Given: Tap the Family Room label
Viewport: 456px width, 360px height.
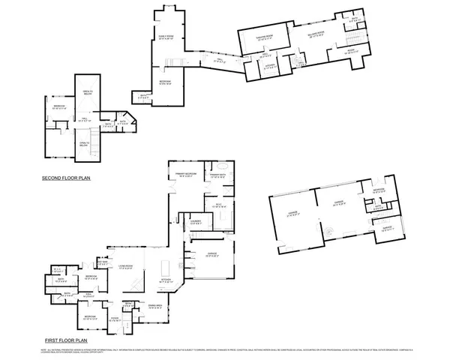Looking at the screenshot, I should (165, 37).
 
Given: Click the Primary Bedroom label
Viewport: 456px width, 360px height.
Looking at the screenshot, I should (185, 174).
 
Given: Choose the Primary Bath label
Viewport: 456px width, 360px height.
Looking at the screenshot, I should (218, 175).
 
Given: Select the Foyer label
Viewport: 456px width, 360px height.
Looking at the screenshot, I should (115, 319).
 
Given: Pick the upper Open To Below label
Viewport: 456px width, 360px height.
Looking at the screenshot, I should (87, 93).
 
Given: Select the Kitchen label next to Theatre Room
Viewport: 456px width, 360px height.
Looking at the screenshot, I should (266, 66).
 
